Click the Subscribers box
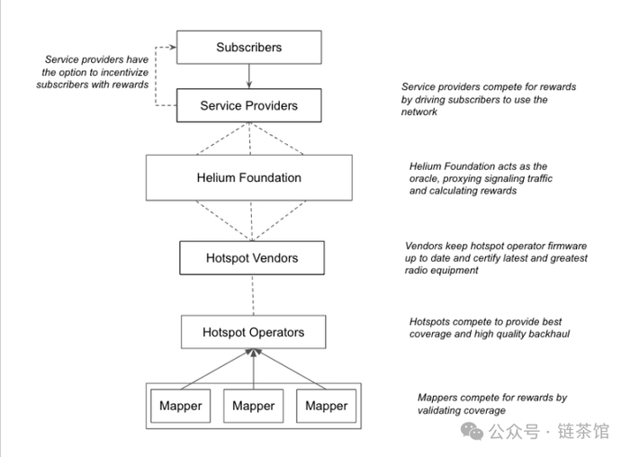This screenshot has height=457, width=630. pyautogui.click(x=248, y=47)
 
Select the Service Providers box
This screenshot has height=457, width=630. pyautogui.click(x=248, y=105)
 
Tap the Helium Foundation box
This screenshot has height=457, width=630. pyautogui.click(x=248, y=177)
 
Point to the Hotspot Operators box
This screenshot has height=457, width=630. pyautogui.click(x=253, y=332)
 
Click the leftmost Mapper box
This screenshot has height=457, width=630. pyautogui.click(x=180, y=406)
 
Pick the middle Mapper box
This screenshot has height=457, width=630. pyautogui.click(x=253, y=406)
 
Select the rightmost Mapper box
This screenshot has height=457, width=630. pyautogui.click(x=326, y=406)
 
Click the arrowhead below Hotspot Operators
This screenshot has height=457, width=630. pyautogui.click(x=254, y=354)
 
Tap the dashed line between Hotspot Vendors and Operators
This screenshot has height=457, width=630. pyautogui.click(x=253, y=295)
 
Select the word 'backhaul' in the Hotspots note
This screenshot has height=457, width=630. pyautogui.click(x=545, y=334)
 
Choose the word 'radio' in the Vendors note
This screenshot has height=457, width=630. pyautogui.click(x=420, y=271)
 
